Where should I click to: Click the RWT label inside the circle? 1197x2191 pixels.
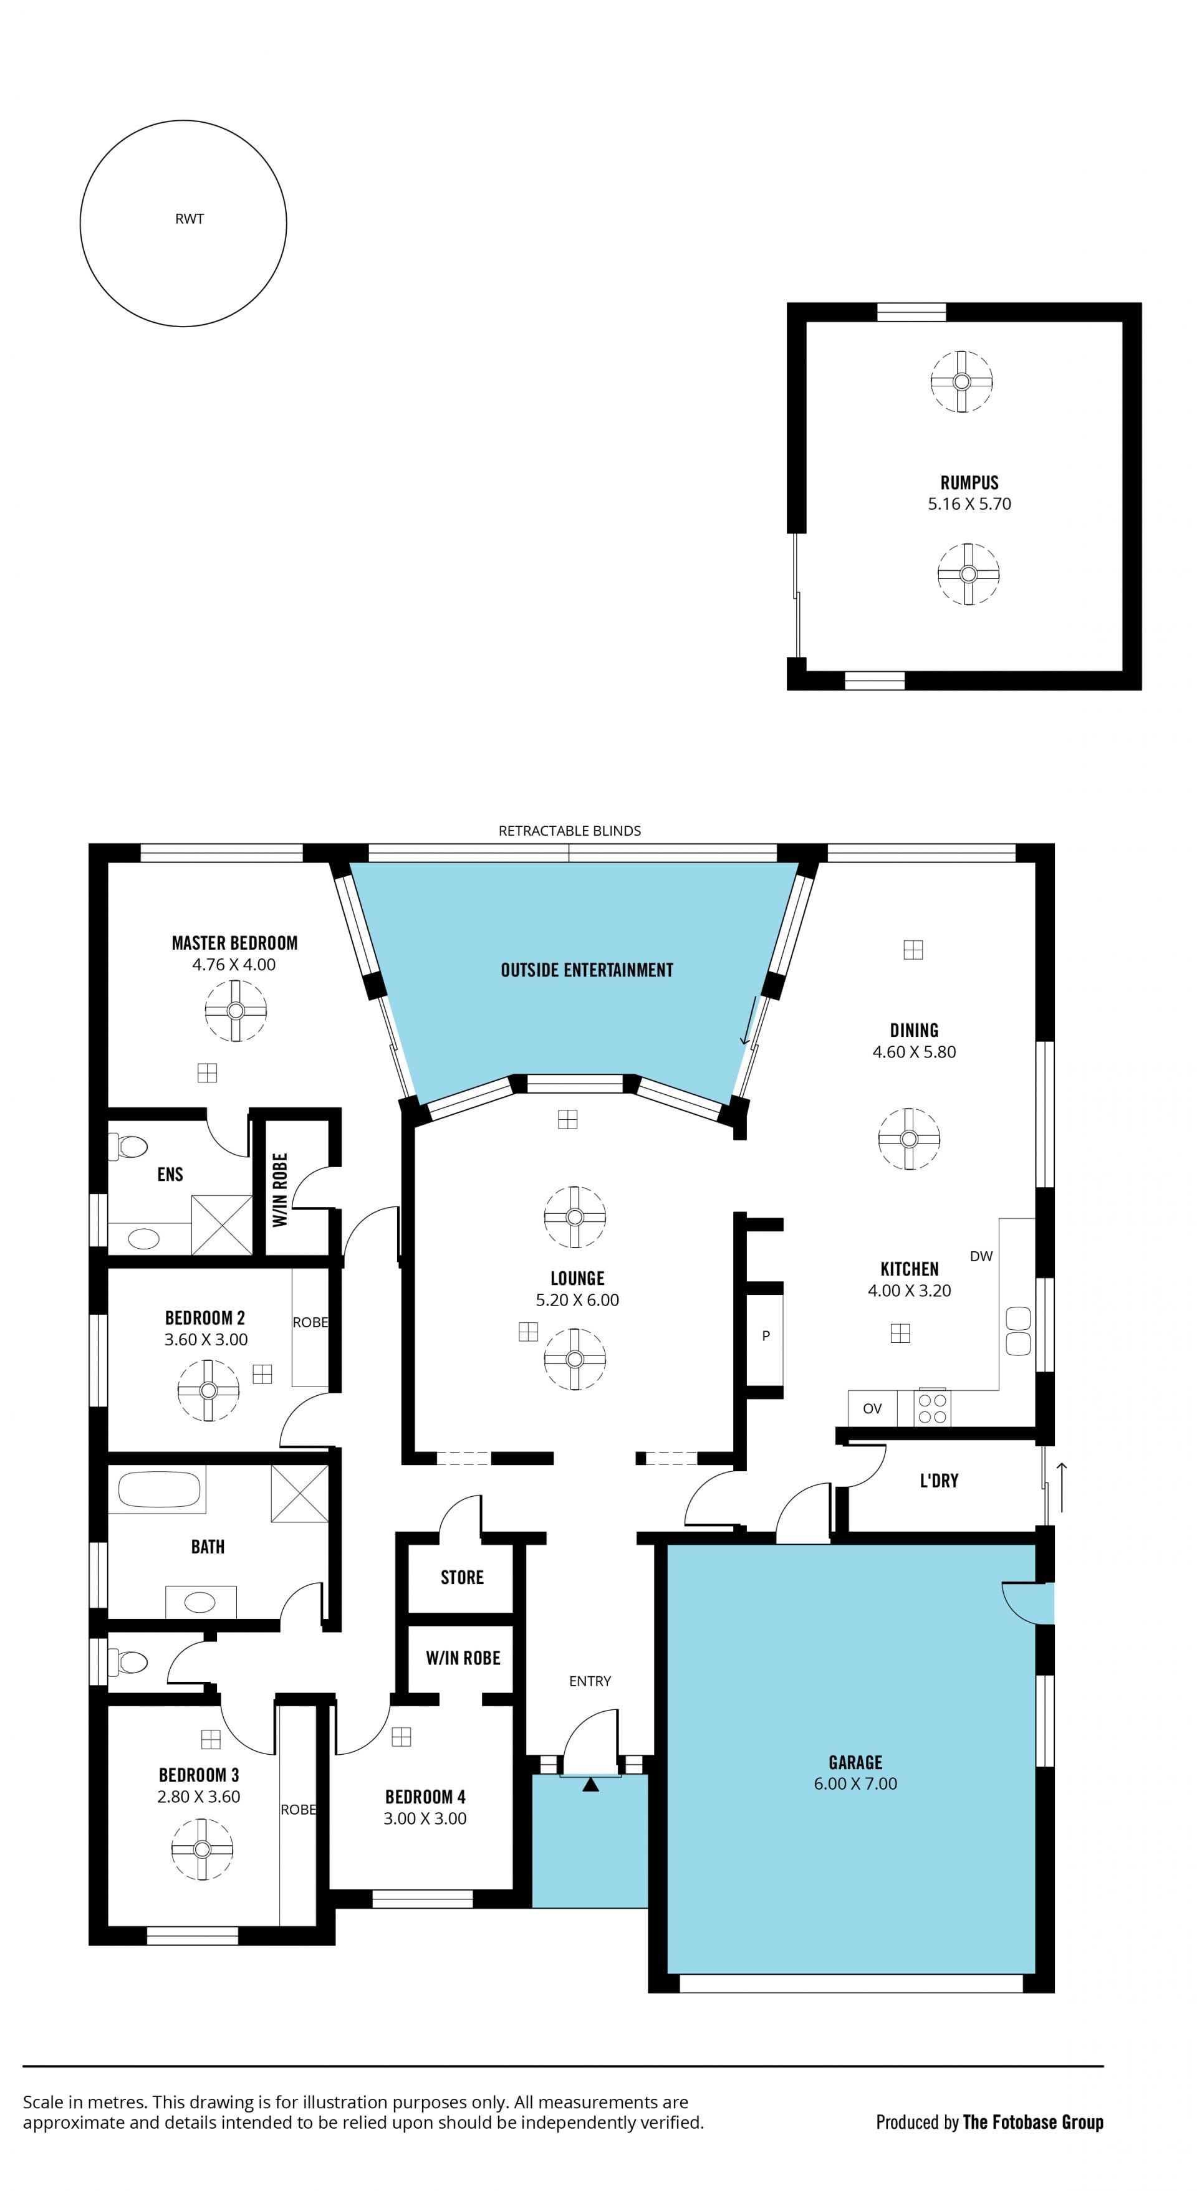[189, 219]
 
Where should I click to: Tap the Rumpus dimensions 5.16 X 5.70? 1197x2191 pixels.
[969, 504]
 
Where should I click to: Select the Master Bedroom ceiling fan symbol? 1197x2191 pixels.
[236, 1011]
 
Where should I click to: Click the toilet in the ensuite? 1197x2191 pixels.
[128, 1147]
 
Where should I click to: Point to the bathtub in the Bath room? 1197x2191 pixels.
[157, 1490]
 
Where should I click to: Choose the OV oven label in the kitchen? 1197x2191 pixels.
[872, 1408]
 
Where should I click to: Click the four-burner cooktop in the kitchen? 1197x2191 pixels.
[933, 1408]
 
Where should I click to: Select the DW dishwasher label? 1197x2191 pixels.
[981, 1256]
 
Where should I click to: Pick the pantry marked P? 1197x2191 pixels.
[766, 1336]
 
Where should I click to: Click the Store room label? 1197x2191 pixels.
[462, 1578]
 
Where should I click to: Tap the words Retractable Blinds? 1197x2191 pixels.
[569, 831]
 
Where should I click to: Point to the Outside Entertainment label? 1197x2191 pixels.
[587, 970]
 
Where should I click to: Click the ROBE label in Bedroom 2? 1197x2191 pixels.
[310, 1322]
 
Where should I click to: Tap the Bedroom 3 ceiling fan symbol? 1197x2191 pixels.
[201, 1849]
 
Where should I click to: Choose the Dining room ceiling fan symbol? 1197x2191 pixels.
[908, 1139]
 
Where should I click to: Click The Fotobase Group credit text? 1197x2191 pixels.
[1033, 2122]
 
